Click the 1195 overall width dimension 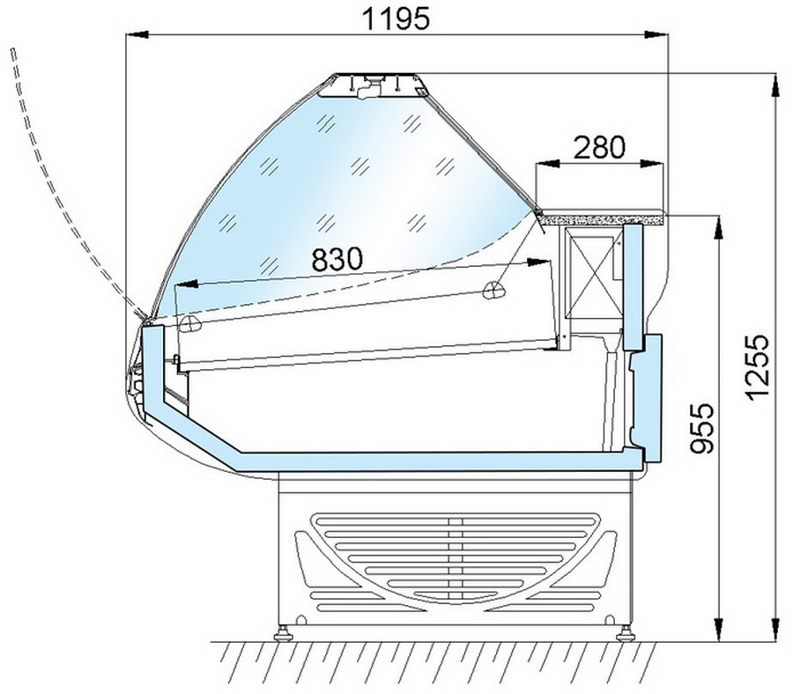pos(396,19)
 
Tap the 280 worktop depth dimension pos(600,148)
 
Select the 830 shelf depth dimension pos(337,259)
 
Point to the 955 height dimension pos(703,428)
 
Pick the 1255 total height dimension pos(758,367)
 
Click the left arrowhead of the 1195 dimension pos(137,34)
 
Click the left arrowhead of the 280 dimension pos(546,163)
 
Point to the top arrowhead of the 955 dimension pos(717,227)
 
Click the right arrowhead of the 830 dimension pos(538,262)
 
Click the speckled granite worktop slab pos(602,218)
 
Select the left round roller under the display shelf pos(191,323)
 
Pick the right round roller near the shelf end pos(493,290)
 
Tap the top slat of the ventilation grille pos(456,520)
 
